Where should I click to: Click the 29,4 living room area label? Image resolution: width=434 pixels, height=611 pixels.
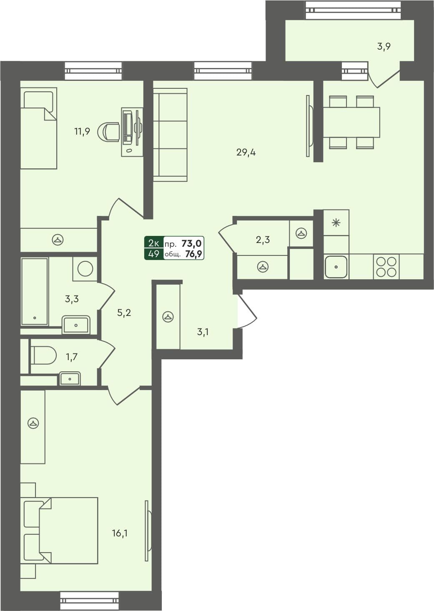(x=246, y=153)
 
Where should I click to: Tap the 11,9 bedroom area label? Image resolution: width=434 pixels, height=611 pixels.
(x=82, y=132)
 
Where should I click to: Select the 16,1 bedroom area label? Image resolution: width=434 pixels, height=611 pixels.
(x=119, y=533)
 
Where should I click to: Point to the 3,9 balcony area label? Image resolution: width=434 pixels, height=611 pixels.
(x=384, y=46)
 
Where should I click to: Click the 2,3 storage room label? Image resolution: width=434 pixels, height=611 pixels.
(x=263, y=240)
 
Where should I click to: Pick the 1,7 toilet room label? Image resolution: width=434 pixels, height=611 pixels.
(x=71, y=357)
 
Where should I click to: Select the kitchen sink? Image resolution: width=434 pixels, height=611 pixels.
(x=336, y=267)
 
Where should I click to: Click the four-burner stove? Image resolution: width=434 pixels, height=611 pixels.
(x=386, y=267)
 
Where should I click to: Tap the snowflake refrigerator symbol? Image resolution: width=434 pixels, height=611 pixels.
(x=336, y=223)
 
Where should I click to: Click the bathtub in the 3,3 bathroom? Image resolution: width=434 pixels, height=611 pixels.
(x=35, y=291)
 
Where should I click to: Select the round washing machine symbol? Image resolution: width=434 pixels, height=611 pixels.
(x=85, y=268)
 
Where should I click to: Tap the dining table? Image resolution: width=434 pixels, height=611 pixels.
(x=351, y=122)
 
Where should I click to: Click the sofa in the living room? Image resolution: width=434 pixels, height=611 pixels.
(x=170, y=135)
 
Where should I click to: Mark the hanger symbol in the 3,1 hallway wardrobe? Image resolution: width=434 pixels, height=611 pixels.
(x=168, y=317)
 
